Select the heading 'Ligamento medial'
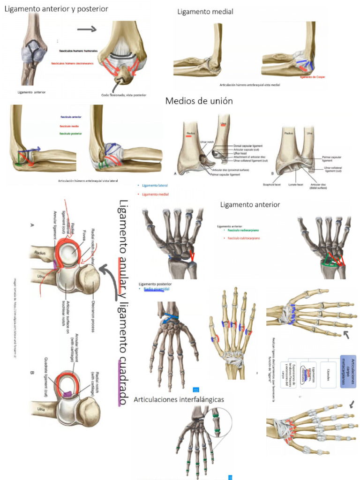click(205, 12)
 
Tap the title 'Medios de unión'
click(199, 101)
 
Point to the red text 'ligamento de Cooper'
click(312, 77)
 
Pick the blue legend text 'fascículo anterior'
click(71, 117)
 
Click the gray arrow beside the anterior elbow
click(86, 29)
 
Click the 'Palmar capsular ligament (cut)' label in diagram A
click(226, 174)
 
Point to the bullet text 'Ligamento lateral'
click(154, 185)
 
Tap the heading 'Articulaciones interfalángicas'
click(179, 400)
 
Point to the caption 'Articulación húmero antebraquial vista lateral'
click(88, 180)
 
